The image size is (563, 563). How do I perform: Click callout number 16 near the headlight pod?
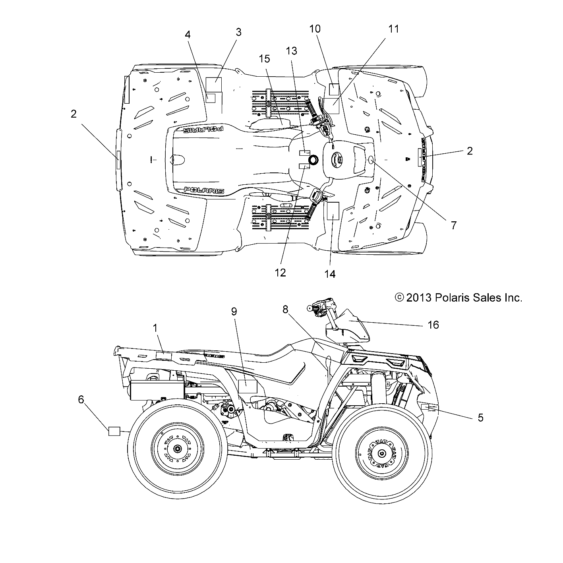coord(433,325)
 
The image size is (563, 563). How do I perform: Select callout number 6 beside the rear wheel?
coord(81,399)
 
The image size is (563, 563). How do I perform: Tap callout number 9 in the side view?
coord(234,311)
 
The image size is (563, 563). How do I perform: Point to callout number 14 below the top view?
coord(330,274)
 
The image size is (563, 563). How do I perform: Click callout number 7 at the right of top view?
coord(453,225)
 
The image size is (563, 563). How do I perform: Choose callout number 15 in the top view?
coord(264,59)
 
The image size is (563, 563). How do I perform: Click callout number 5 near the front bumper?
coord(480,418)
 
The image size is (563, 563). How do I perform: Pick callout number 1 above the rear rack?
coord(155,328)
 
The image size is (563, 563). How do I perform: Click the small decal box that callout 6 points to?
coord(114,431)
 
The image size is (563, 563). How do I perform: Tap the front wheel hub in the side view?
coord(382,453)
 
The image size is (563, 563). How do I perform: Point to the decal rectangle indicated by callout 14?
coord(332,211)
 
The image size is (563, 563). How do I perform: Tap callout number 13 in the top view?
coord(291,51)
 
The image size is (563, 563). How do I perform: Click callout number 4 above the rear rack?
coord(188,35)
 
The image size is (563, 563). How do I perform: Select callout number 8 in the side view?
coord(285,310)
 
